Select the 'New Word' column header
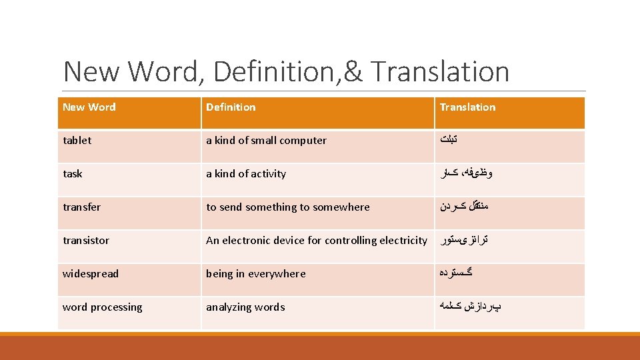click(89, 107)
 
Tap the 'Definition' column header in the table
click(231, 107)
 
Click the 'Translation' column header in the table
click(467, 107)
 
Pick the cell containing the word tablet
click(77, 141)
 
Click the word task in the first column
click(73, 174)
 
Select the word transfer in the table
click(82, 207)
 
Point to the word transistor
click(86, 241)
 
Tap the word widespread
click(91, 274)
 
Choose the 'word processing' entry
click(103, 307)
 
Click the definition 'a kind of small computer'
click(266, 141)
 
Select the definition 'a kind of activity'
click(246, 174)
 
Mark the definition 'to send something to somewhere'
click(287, 207)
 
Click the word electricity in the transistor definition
click(403, 240)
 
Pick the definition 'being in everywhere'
click(256, 274)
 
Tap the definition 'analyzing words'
click(245, 307)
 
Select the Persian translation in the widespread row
click(457, 273)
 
